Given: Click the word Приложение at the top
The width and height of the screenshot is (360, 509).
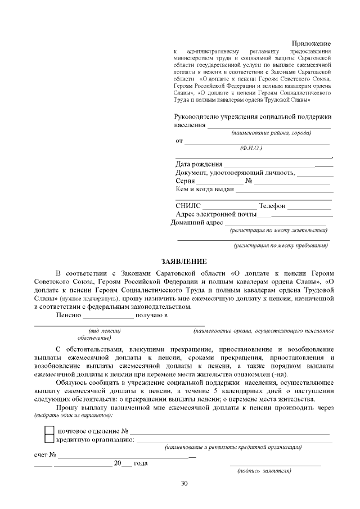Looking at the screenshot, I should (310, 44).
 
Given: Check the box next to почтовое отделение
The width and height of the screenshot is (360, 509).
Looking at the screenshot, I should (49, 431).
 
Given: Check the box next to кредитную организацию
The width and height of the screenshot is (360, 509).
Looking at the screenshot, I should (49, 439).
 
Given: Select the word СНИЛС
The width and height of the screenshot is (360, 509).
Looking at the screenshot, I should (188, 206).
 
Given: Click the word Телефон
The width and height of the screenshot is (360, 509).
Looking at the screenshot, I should (272, 206).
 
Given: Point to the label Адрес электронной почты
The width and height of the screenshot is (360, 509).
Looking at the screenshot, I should (216, 214).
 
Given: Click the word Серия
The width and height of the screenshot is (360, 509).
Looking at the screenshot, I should (185, 181).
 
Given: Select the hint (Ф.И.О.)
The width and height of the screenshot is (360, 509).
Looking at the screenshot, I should (251, 148).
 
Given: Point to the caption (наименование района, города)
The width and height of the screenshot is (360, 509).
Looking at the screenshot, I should (271, 133).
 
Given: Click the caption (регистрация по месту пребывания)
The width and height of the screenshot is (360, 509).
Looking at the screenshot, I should (281, 245).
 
